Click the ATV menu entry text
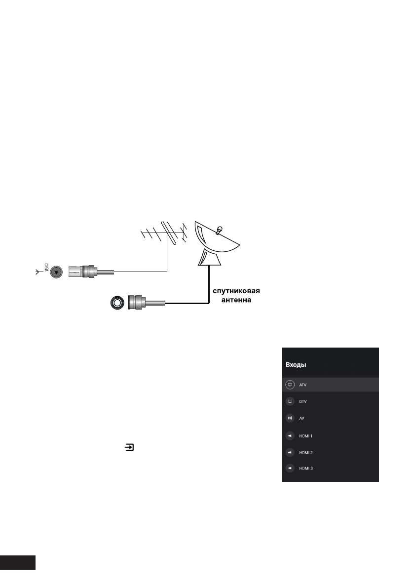(x=303, y=384)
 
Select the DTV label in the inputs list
(x=303, y=401)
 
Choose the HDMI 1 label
(x=306, y=436)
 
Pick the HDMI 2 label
(x=306, y=452)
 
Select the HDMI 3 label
(x=306, y=468)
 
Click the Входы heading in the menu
(x=296, y=365)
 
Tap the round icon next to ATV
(x=290, y=384)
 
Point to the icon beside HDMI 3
(x=290, y=468)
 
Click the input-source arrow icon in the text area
(x=129, y=448)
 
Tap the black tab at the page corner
(x=18, y=563)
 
